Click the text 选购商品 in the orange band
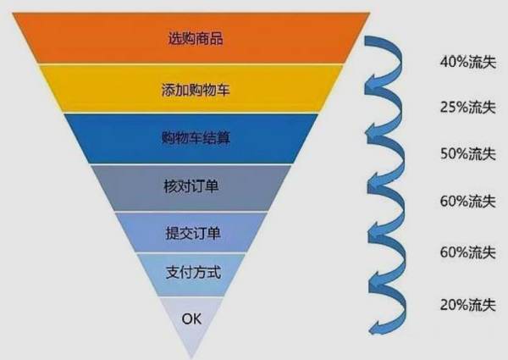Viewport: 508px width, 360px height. coord(196,38)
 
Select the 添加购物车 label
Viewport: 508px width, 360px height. coord(196,89)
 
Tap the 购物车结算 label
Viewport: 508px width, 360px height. coord(196,137)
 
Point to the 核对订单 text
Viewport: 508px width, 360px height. coord(191,186)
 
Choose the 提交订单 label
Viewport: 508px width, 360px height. coord(193,233)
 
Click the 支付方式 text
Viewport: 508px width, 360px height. coord(193,272)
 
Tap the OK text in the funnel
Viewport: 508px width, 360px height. coord(191,318)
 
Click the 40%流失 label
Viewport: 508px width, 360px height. coord(468,62)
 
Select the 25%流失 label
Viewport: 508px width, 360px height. coord(468,107)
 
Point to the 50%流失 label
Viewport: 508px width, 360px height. coord(468,153)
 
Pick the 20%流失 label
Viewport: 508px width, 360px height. coord(468,305)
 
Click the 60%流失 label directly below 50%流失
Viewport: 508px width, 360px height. coord(468,201)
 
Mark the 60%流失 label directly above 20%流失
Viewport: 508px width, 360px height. coord(468,252)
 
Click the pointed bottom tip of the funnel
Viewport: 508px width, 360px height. coord(191,358)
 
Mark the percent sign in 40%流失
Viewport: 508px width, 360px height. coord(462,62)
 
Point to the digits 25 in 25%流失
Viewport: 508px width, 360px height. coord(448,108)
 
